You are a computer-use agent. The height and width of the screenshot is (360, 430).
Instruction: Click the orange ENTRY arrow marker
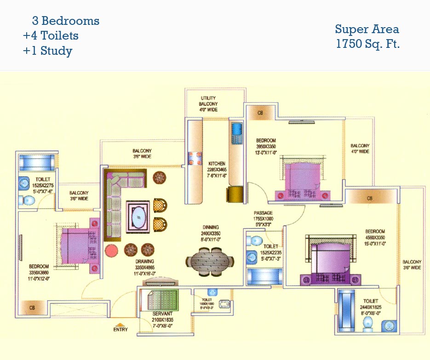[120, 324]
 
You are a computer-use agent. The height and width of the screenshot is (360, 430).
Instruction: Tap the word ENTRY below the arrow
[120, 330]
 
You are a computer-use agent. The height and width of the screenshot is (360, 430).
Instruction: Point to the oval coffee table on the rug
[138, 216]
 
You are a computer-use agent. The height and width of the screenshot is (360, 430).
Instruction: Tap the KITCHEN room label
[217, 164]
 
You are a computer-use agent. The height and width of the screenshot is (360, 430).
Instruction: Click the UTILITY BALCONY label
[208, 104]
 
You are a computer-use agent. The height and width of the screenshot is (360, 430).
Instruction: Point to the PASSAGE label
[263, 213]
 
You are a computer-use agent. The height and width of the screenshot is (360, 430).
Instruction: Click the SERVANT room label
[162, 314]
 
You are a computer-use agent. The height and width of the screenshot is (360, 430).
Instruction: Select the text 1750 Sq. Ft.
[367, 45]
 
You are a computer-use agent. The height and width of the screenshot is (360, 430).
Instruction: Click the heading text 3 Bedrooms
[65, 21]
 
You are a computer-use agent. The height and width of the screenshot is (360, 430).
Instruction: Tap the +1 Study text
[48, 51]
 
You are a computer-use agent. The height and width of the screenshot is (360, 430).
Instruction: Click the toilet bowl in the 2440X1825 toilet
[368, 325]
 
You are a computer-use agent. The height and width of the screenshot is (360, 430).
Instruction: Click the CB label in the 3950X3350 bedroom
[260, 113]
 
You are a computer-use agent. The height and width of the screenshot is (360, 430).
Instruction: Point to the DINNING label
[211, 227]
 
